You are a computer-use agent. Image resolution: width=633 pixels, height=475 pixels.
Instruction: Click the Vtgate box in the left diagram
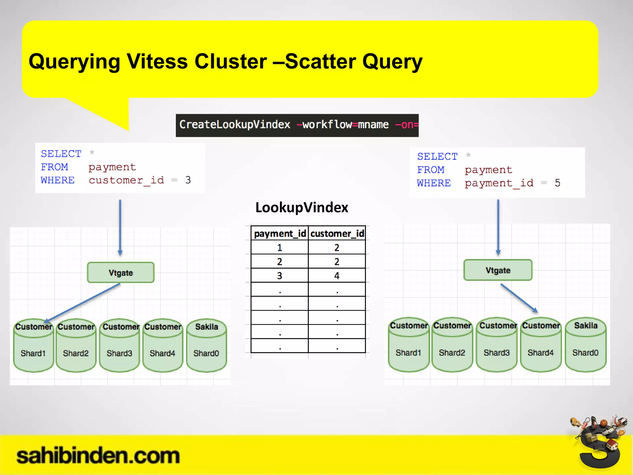tap(121, 272)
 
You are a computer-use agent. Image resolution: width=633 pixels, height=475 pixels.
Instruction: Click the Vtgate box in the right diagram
tap(498, 270)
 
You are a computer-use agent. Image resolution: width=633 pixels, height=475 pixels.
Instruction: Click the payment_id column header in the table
tap(280, 233)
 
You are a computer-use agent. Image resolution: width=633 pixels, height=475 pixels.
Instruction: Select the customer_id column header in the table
tap(337, 233)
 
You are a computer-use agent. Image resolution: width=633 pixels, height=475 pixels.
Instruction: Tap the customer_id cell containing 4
tap(337, 276)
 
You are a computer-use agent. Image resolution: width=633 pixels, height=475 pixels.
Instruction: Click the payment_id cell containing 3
tap(279, 276)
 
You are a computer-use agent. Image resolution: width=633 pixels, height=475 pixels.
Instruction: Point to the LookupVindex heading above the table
tap(302, 208)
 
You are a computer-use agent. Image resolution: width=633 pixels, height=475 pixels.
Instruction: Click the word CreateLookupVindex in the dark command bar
tap(235, 125)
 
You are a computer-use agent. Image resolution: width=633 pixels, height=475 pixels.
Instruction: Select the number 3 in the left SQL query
tap(188, 180)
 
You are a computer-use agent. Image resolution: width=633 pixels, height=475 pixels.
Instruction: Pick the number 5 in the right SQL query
tap(557, 183)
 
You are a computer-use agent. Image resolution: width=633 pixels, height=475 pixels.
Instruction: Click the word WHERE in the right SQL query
tap(434, 183)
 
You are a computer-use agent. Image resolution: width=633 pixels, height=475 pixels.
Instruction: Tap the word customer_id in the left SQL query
tap(126, 180)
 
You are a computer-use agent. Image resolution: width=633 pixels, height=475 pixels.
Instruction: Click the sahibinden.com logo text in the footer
tap(98, 456)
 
